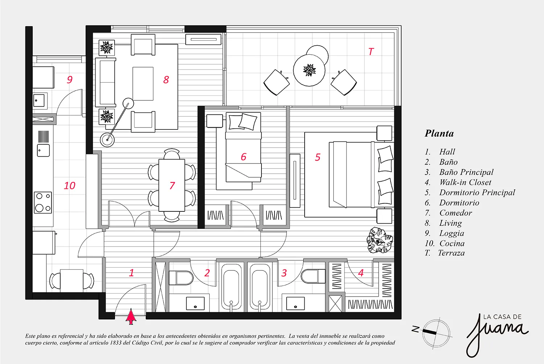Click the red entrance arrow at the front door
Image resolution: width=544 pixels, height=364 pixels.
131,317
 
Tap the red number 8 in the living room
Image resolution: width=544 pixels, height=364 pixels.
166,80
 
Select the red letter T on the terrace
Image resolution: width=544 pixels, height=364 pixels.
371,51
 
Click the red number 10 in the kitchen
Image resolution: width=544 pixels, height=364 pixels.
70,186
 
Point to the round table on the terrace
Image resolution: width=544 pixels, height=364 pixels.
309,70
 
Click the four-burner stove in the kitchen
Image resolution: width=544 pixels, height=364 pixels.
43,203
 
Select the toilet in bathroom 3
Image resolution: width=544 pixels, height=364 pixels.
313,276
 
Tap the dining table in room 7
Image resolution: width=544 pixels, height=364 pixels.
172,185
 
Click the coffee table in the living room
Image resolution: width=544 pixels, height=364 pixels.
143,83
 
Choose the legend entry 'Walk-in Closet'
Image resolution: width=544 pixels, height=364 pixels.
465,182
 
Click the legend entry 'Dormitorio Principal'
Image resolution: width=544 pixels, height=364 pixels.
477,192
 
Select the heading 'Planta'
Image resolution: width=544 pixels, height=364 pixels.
439,133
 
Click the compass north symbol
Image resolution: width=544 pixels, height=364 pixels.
416,329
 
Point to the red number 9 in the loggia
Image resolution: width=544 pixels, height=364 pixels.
70,80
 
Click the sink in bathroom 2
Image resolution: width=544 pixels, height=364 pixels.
195,303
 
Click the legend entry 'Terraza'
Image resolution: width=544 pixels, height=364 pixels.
452,253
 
